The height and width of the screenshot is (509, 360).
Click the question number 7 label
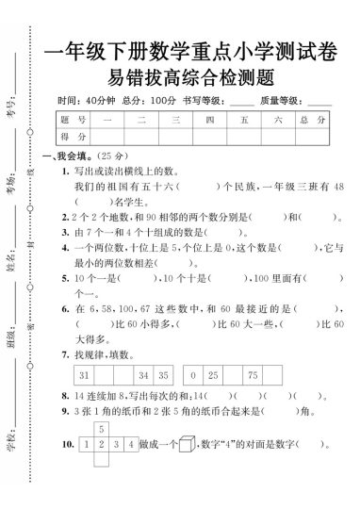tap(65, 354)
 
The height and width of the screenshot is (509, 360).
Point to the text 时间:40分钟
tap(86, 100)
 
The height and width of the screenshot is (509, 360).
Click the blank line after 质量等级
tap(319, 101)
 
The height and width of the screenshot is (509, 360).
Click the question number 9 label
tap(65, 412)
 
